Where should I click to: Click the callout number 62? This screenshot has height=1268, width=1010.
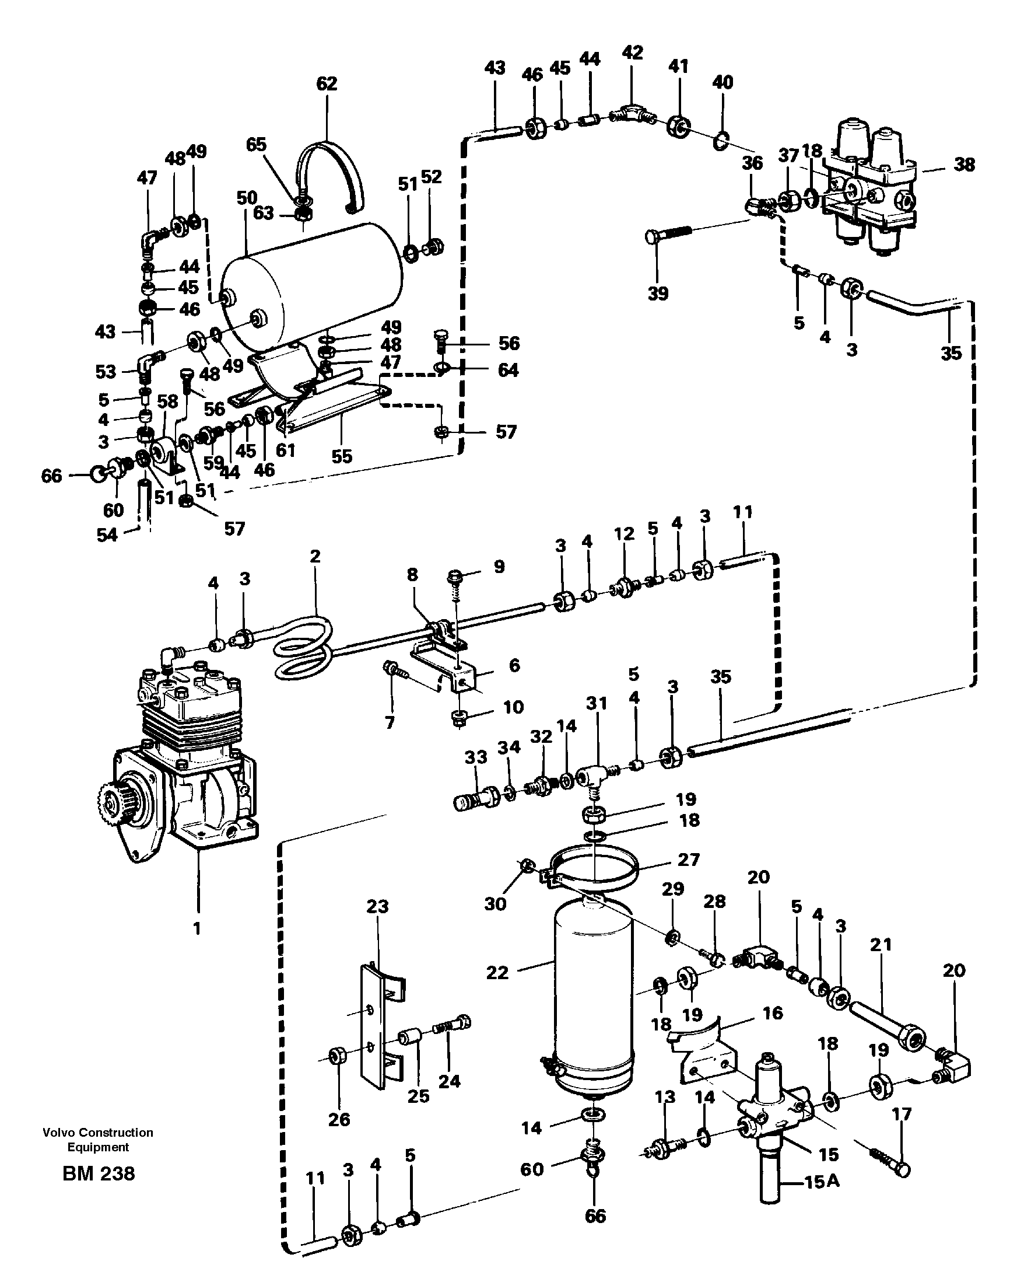tap(327, 84)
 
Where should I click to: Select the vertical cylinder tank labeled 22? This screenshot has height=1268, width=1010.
tap(594, 1000)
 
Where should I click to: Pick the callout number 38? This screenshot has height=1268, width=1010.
tap(964, 165)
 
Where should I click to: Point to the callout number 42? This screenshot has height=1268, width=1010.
tap(632, 53)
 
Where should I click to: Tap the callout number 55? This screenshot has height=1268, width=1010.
tap(342, 456)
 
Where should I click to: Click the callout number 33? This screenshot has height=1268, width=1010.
tap(476, 757)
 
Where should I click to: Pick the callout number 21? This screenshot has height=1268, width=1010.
tap(881, 945)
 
